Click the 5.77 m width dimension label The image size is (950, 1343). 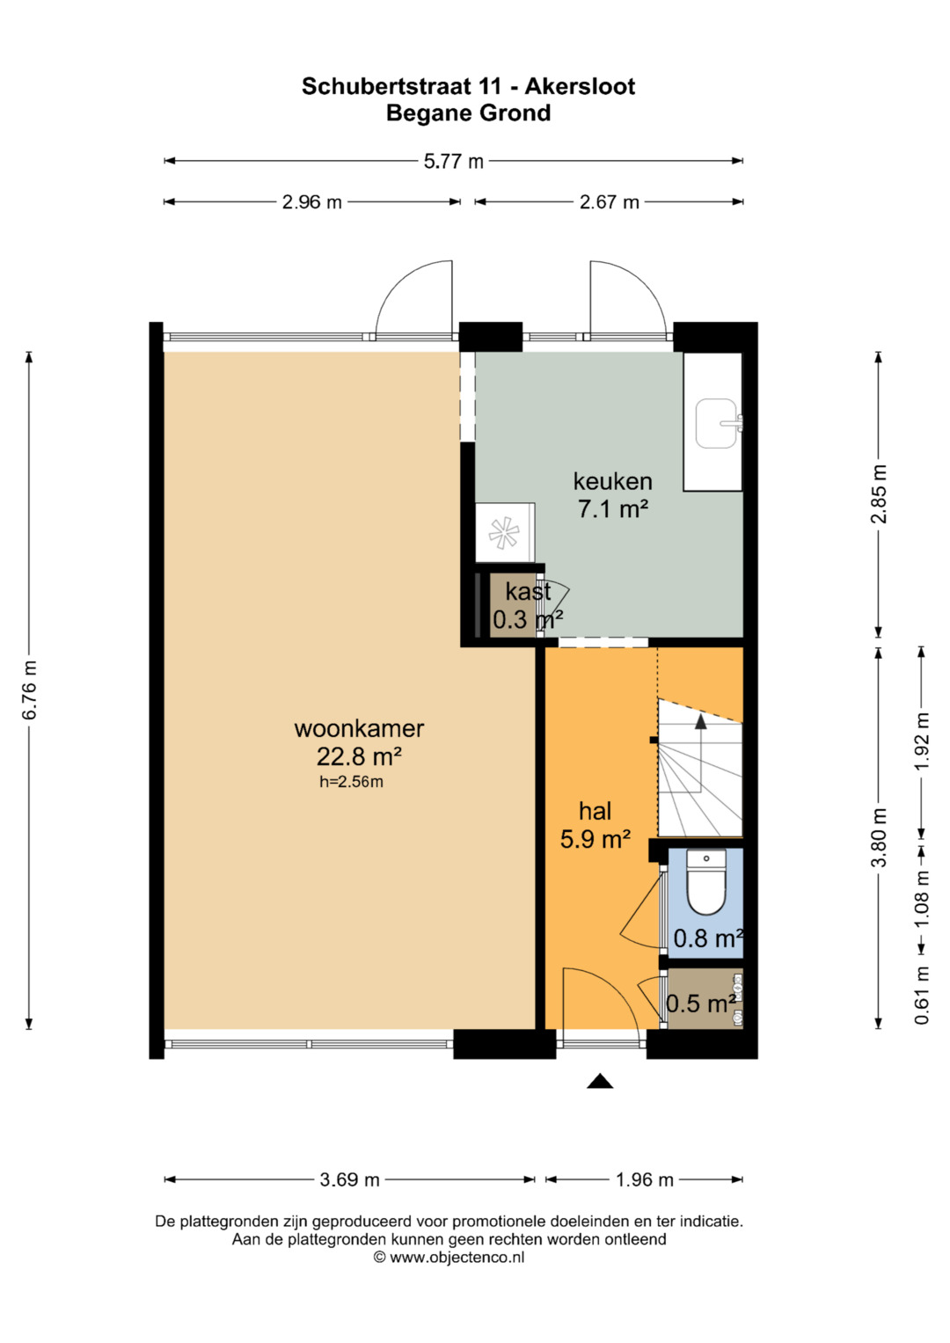pos(453,161)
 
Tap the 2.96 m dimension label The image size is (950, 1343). pos(312,202)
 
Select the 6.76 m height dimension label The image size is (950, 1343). pos(29,690)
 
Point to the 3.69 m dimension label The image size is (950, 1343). pos(350,1180)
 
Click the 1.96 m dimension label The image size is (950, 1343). pos(645,1180)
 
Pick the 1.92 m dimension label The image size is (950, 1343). pos(922,741)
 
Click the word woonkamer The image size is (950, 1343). pos(359,729)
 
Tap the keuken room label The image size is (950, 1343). pos(612,481)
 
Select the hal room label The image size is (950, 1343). pos(595,811)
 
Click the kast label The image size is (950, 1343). pos(528,592)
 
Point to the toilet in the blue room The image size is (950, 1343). pos(705,881)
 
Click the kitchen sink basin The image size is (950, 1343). pos(716,423)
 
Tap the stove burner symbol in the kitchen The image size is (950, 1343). pos(503,532)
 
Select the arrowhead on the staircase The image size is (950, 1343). pos(700,721)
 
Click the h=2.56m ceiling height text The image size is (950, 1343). pos(352,782)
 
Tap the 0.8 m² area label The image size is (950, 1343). pos(708,938)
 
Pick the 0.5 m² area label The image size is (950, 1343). pos(701,1004)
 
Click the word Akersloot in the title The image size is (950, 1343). pos(580,86)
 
